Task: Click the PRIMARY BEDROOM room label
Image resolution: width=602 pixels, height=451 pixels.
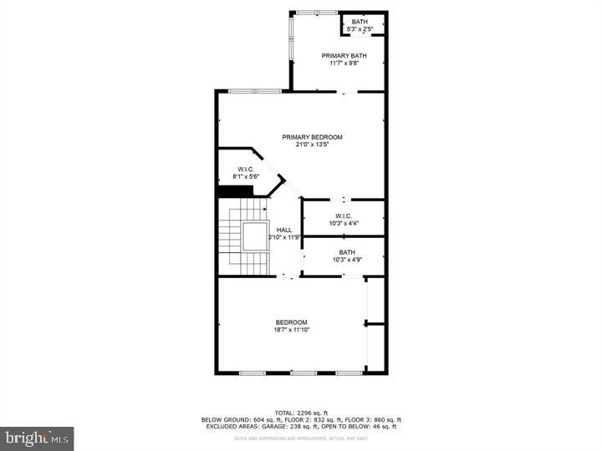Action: (x=312, y=137)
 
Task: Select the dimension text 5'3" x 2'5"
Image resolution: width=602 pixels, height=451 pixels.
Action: (x=360, y=29)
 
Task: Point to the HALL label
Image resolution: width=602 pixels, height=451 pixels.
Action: (x=284, y=229)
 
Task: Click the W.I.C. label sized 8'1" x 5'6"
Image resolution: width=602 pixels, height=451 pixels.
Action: (x=246, y=170)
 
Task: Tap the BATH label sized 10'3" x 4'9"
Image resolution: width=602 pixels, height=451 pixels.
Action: (x=346, y=252)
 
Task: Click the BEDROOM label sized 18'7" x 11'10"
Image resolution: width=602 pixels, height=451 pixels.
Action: (x=292, y=322)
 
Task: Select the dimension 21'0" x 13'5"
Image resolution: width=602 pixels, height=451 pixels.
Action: (x=312, y=144)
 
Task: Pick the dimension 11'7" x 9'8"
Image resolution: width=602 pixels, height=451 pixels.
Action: (x=340, y=63)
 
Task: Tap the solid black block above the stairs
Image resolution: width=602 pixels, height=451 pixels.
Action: (x=235, y=191)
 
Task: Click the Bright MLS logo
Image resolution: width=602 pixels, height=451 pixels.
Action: (x=37, y=438)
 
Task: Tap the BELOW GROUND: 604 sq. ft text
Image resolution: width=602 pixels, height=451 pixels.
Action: (x=237, y=419)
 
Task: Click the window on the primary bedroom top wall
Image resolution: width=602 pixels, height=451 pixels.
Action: (x=255, y=91)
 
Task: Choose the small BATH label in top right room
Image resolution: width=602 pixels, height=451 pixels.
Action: (x=360, y=22)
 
